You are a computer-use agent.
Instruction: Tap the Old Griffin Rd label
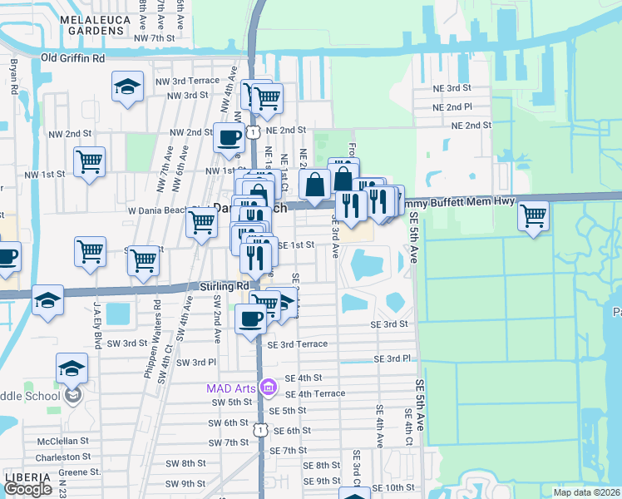point(73,58)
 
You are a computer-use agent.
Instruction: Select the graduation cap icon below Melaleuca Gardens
point(127,86)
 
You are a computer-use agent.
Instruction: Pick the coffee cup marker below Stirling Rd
point(250,318)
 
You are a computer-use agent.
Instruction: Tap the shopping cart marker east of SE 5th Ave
point(532,215)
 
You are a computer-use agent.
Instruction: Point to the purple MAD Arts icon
point(268,388)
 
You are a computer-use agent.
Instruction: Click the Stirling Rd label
point(225,285)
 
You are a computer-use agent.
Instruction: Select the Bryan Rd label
point(14,76)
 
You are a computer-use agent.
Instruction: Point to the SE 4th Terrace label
point(314,393)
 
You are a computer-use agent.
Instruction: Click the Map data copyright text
point(586,492)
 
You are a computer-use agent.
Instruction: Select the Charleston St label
point(63,457)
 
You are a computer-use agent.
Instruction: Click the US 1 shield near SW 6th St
point(260,429)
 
